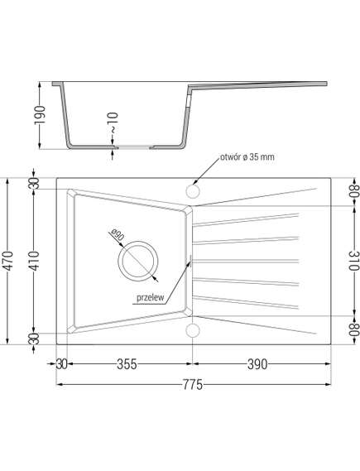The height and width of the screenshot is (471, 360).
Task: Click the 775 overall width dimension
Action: pos(193,385)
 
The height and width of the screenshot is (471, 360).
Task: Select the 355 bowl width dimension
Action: pos(127,364)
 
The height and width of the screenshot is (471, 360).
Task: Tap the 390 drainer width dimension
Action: pos(257,364)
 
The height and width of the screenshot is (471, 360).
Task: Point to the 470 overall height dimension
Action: pos(9,261)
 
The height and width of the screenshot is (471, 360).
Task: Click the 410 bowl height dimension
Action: pos(35,261)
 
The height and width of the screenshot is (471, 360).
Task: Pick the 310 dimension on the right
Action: pos(354,260)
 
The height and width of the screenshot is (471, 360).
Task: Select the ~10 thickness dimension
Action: pos(114,123)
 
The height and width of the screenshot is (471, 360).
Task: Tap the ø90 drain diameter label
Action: pos(117,234)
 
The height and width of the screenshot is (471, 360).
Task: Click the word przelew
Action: pos(150,297)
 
